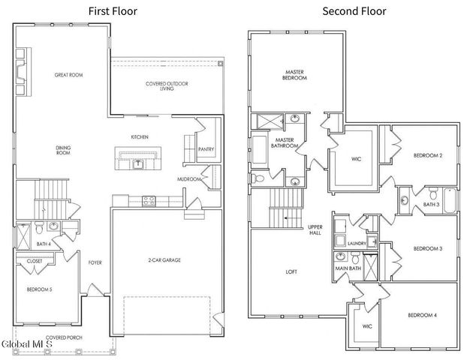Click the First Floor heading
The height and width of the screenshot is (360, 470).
(113, 11)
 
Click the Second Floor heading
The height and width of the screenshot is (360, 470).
(354, 11)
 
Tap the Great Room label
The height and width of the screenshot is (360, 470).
(68, 75)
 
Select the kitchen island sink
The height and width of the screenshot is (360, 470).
(138, 164)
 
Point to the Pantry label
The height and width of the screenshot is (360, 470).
(206, 149)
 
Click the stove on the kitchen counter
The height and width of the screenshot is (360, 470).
(149, 201)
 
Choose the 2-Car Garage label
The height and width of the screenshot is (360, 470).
(164, 260)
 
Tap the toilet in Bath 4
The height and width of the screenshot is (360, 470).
(39, 227)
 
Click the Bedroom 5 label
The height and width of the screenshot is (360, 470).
(40, 289)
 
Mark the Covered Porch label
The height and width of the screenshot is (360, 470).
(64, 337)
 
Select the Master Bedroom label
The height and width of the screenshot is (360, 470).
(294, 75)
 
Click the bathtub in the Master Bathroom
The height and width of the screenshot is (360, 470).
(259, 150)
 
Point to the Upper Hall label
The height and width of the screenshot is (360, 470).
(315, 229)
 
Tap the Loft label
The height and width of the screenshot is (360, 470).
(291, 272)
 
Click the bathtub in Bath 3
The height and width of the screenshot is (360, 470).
(450, 201)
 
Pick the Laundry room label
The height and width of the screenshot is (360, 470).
(357, 244)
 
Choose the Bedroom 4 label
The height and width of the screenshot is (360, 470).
(423, 315)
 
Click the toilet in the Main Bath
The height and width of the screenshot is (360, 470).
(355, 257)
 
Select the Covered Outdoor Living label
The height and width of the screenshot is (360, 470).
(167, 86)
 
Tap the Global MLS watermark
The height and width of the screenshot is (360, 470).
(27, 343)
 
